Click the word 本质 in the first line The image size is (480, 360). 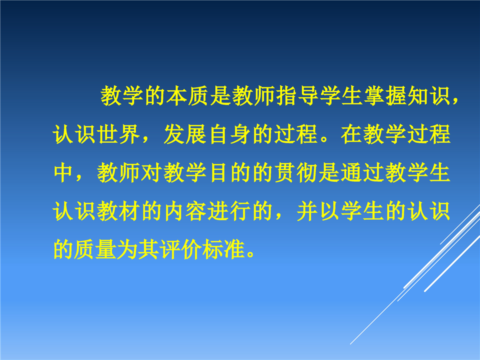pyautogui.click(x=187, y=95)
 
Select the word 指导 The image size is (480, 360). pyautogui.click(x=297, y=95)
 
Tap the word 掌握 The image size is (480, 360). pyautogui.click(x=385, y=95)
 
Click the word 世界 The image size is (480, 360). pyautogui.click(x=118, y=134)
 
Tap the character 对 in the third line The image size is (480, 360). pyautogui.click(x=151, y=172)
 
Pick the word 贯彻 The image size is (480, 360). pyautogui.click(x=295, y=172)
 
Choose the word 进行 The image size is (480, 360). pyautogui.click(x=229, y=211)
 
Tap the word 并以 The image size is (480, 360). pyautogui.click(x=318, y=211)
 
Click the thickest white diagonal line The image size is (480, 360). pyautogui.click(x=452, y=263)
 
